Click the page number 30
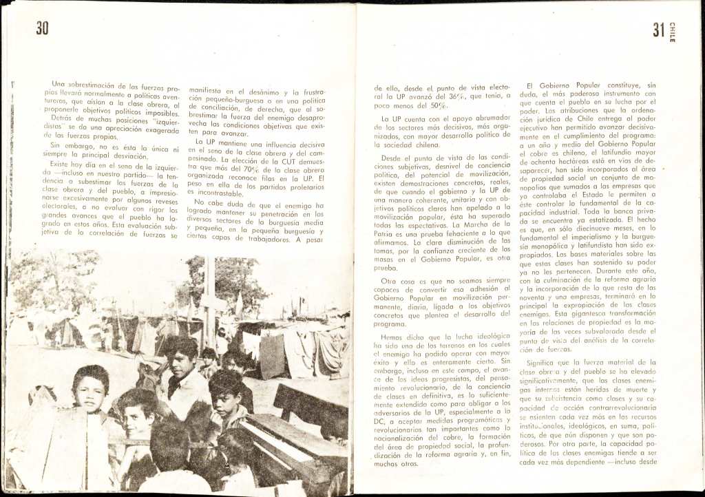(43, 29)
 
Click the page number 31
(658, 31)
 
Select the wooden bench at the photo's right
(303, 420)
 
